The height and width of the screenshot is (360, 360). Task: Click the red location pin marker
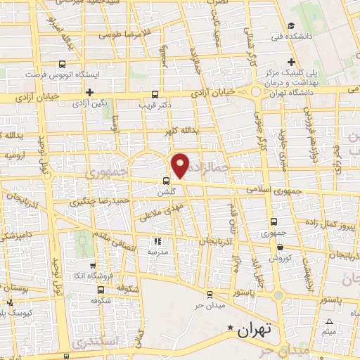[x=181, y=166]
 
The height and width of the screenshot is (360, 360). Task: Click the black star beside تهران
[x=228, y=328]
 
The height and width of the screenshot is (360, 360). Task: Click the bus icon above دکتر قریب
[x=155, y=94]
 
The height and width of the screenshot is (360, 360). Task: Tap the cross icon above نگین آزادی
[x=89, y=92]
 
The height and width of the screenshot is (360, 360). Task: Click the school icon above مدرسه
[x=156, y=241]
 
